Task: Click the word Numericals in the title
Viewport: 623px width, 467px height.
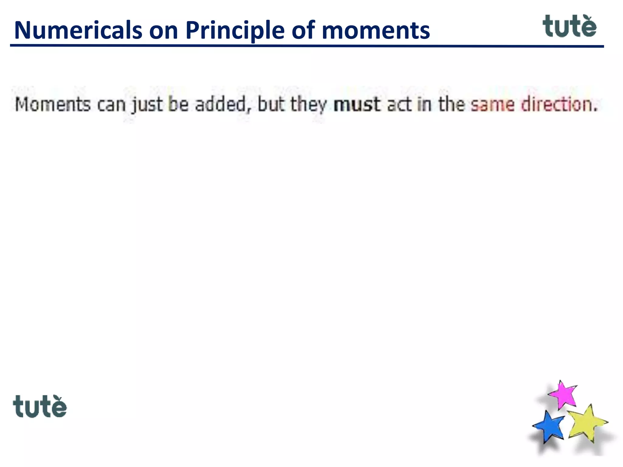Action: click(78, 30)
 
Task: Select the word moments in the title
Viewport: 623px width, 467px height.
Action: click(376, 30)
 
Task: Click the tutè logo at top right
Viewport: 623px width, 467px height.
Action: click(569, 26)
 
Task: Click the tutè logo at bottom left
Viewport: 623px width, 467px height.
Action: click(40, 407)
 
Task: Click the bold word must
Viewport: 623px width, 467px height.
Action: click(357, 105)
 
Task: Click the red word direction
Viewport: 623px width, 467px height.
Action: click(559, 105)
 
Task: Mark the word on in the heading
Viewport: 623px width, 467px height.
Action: click(163, 30)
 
